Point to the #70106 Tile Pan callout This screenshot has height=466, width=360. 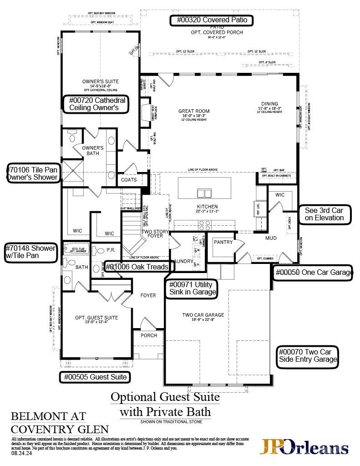(x=33, y=173)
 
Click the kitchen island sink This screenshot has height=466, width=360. (x=204, y=193)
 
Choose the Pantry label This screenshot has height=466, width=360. (x=223, y=242)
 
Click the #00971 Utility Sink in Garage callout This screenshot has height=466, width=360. (x=192, y=289)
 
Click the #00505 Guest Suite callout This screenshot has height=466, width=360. (x=96, y=377)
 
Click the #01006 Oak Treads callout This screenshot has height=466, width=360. (x=137, y=267)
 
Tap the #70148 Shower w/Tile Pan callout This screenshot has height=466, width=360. (x=31, y=252)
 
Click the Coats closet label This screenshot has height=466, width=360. (x=129, y=180)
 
